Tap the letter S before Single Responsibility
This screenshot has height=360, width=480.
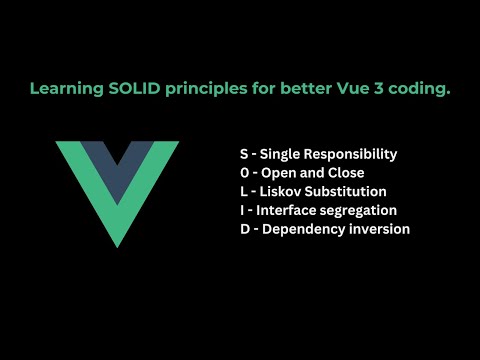[244, 154]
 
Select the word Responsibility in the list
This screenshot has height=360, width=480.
[353, 154]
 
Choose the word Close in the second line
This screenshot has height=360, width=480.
[345, 173]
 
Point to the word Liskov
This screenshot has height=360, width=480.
[282, 192]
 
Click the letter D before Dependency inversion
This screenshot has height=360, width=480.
[244, 229]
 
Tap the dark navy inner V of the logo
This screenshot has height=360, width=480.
[119, 160]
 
